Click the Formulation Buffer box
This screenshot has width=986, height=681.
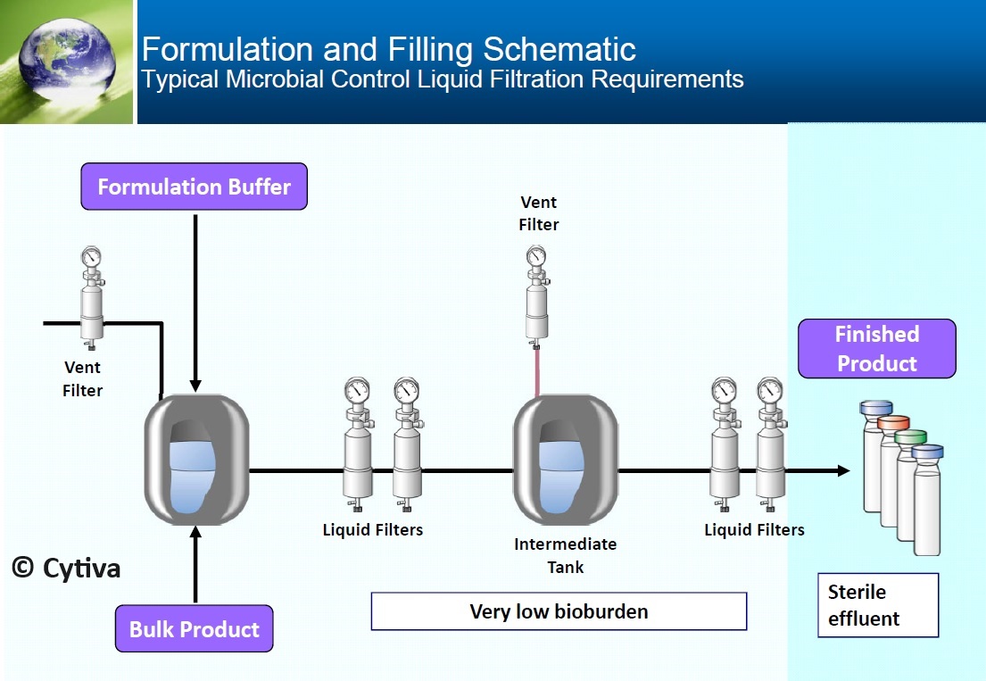click(195, 187)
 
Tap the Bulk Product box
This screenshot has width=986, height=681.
click(195, 629)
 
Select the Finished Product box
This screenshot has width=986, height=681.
click(877, 349)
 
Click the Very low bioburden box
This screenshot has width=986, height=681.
click(559, 611)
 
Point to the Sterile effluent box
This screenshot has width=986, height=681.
click(878, 605)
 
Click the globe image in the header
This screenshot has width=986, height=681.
click(67, 59)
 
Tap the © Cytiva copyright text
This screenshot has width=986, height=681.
click(66, 569)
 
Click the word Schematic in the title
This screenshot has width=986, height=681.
click(559, 49)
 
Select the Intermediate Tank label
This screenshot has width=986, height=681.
click(566, 555)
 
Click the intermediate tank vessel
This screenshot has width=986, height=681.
click(566, 460)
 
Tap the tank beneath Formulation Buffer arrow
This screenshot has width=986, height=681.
click(197, 460)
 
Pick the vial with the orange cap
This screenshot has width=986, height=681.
click(892, 470)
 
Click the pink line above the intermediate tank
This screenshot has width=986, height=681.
click(537, 372)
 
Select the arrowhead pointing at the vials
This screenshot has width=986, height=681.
click(842, 470)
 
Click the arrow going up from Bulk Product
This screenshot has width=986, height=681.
click(195, 564)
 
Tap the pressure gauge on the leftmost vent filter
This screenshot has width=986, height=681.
click(91, 256)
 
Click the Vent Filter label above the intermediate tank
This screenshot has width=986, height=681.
click(539, 213)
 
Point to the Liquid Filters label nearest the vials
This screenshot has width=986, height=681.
click(755, 529)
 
